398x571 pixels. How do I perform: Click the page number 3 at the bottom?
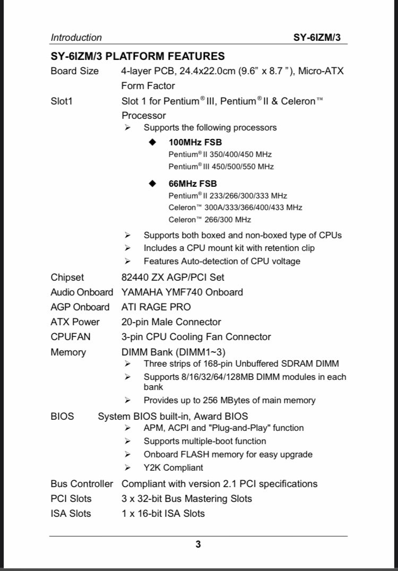[x=198, y=544]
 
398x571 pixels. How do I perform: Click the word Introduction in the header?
[x=76, y=38]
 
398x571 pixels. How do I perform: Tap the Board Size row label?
[x=74, y=71]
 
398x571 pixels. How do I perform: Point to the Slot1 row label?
[x=62, y=101]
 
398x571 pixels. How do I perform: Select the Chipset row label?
[x=67, y=277]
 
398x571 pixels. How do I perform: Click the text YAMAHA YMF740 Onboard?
[x=182, y=292]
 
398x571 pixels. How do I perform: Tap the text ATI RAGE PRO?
[x=156, y=307]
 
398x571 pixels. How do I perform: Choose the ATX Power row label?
[x=75, y=322]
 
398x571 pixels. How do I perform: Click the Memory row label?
[x=68, y=352]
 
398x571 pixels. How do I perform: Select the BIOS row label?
[x=62, y=416]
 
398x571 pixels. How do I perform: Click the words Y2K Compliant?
[x=173, y=468]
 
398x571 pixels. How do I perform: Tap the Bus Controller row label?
[x=82, y=483]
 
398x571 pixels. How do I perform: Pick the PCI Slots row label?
[x=71, y=498]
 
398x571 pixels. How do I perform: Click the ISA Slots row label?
[x=71, y=513]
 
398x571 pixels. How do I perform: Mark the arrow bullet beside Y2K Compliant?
[x=127, y=468]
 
